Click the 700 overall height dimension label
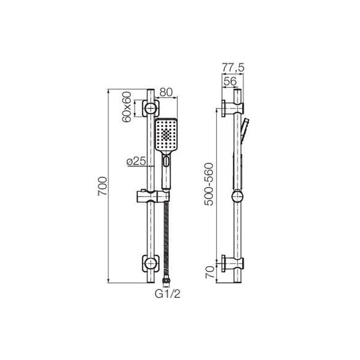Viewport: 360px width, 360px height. tap(103, 186)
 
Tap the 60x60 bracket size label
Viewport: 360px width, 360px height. tap(127, 107)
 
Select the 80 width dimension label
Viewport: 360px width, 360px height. tap(166, 92)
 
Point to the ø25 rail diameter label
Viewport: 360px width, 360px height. tap(136, 162)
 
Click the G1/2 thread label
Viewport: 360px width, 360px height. tap(167, 294)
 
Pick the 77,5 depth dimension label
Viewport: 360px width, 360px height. tap(233, 68)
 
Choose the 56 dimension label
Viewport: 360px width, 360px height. tap(230, 81)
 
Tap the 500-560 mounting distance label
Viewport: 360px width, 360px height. tap(209, 184)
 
